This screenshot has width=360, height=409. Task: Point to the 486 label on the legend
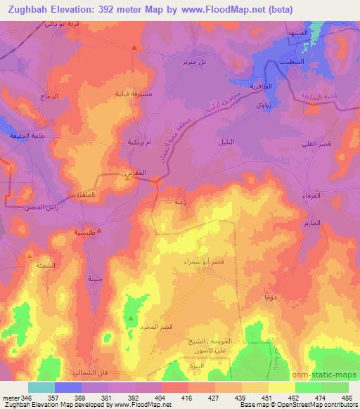tap(345, 398)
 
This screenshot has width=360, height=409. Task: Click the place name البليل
tap(241, 142)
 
